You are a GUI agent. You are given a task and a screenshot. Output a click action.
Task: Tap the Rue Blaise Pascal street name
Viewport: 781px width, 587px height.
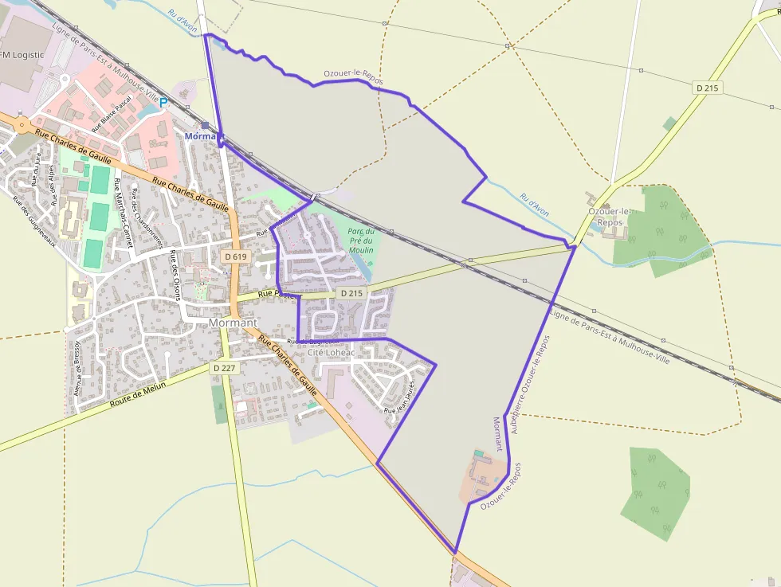tap(112, 115)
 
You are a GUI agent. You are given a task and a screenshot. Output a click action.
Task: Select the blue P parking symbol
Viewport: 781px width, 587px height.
tap(164, 103)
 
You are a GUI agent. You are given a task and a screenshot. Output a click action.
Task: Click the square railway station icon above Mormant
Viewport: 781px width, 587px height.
tap(206, 125)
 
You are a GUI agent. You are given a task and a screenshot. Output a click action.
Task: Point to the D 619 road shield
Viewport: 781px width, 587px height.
tap(236, 256)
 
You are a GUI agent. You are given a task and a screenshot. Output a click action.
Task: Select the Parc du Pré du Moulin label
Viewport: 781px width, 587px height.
tap(360, 240)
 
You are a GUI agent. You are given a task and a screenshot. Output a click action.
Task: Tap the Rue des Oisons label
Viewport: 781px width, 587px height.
tap(177, 276)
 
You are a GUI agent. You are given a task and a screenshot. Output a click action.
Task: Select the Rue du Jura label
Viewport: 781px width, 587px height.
tap(37, 170)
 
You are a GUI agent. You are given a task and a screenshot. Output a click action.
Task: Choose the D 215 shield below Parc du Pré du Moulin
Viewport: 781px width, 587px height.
tap(351, 293)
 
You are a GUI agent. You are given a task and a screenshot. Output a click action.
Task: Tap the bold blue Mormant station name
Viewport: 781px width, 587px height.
tap(199, 136)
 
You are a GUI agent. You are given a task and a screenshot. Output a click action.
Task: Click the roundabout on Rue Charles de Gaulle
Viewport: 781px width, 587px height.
tap(21, 125)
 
